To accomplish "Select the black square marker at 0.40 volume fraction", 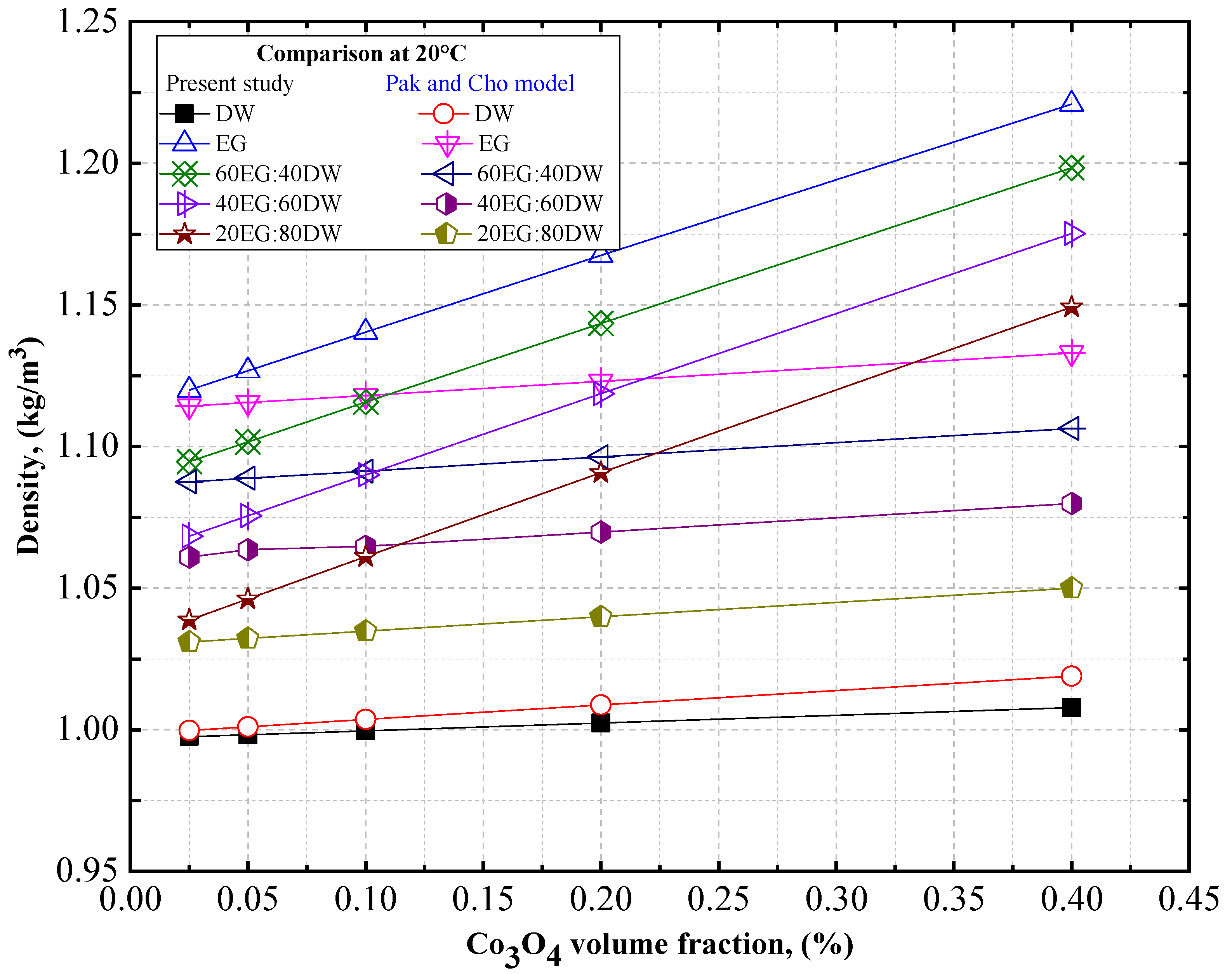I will coord(1071,708).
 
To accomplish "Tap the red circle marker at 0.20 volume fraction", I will coord(601,704).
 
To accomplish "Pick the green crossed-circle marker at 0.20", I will coord(601,324).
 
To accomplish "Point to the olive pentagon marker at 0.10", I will coord(365,631).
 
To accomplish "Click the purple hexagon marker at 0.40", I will coord(1071,503).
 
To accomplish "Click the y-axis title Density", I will coord(28,446).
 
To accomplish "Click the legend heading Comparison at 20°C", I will coord(361,54).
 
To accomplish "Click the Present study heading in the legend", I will coord(229,83).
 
